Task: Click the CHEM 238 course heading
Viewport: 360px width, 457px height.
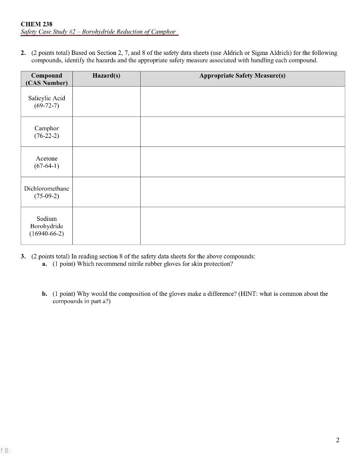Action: [36, 24]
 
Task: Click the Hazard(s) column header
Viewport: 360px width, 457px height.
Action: [106, 75]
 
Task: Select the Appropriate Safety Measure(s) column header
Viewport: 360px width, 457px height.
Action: [242, 75]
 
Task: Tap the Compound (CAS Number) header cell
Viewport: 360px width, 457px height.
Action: [46, 79]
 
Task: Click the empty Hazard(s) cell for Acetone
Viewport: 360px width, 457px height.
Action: [106, 162]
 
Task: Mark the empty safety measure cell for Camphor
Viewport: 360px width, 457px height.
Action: [242, 132]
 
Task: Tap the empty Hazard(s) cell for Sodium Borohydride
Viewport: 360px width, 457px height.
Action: [106, 226]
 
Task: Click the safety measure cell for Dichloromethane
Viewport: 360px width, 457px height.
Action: [242, 192]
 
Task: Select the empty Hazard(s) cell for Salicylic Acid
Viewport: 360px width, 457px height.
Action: [106, 102]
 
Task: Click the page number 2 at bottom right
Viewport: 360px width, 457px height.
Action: [337, 440]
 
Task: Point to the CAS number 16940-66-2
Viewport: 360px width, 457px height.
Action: [46, 233]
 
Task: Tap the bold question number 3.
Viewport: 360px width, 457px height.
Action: [23, 256]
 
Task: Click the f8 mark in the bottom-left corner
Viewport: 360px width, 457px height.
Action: [4, 450]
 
